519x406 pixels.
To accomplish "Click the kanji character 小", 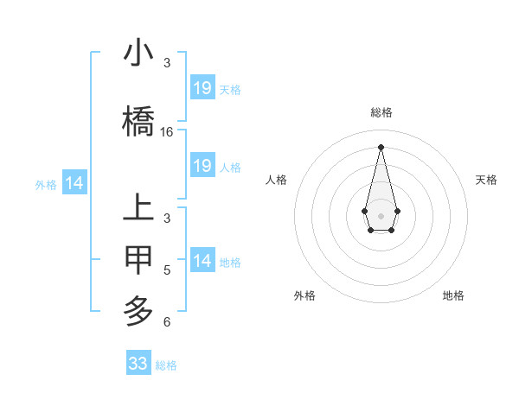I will (x=139, y=54).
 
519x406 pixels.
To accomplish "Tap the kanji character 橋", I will (x=139, y=121).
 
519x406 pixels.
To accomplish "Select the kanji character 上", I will (x=139, y=209).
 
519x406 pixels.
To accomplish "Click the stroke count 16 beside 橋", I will (x=167, y=132).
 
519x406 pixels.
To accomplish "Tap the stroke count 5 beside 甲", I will (x=167, y=270).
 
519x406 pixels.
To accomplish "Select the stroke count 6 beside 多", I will (x=167, y=322).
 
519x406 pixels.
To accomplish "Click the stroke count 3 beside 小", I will (x=167, y=63).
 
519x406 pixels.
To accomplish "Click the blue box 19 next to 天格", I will (x=202, y=88).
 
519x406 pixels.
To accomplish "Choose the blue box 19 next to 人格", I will (x=202, y=166).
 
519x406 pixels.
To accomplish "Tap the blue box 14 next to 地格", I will (x=202, y=261).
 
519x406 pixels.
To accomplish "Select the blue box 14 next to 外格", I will (x=74, y=183).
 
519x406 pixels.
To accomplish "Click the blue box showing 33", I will (x=138, y=364).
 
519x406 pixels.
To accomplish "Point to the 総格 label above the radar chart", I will (x=381, y=112).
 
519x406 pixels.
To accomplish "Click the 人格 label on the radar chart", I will (x=277, y=180).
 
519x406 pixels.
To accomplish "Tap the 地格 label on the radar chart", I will (x=453, y=295).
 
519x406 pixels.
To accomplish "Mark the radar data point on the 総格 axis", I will (x=381, y=146).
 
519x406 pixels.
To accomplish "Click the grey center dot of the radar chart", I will (x=381, y=215).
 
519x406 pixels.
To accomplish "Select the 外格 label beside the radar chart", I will (x=304, y=295).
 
